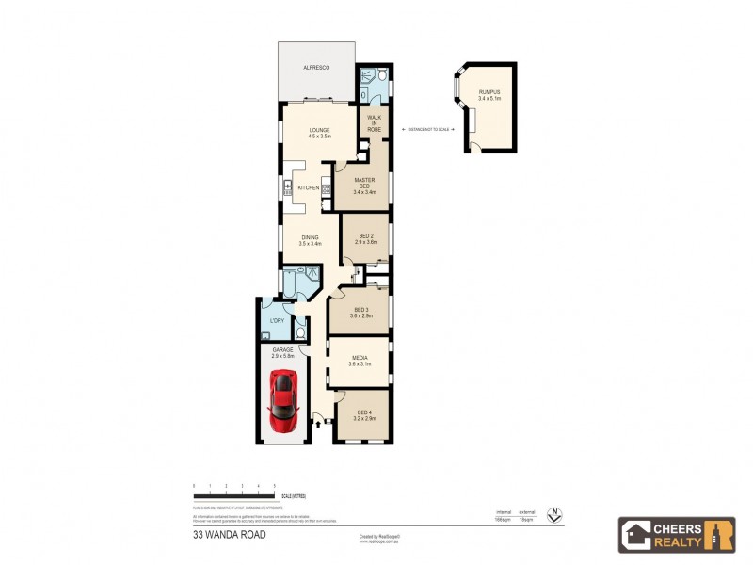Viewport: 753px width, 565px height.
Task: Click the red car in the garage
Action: [283, 396]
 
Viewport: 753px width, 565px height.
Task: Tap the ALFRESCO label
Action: [314, 69]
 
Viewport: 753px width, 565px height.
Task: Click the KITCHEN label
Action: [309, 187]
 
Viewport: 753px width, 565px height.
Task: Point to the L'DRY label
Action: [276, 322]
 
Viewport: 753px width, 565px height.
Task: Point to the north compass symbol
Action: [555, 515]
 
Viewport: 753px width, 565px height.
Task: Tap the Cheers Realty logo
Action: [676, 534]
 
